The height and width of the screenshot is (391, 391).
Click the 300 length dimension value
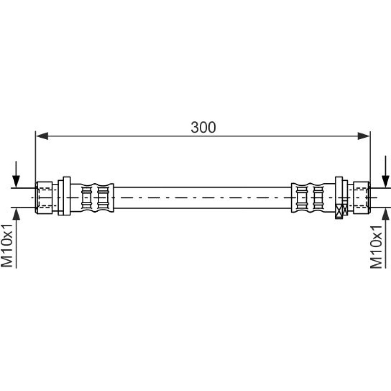coord(203,127)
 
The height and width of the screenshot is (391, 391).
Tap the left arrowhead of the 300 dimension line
coord(42,136)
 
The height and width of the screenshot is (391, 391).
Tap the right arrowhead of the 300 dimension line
coord(364,136)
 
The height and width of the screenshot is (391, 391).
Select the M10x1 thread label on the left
coord(7,246)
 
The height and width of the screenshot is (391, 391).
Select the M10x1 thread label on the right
coord(376,247)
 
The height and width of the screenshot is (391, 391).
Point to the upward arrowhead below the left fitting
coord(16,214)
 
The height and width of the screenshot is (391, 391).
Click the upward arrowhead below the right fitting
coord(386,214)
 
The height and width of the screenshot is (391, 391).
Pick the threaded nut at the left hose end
coord(44,197)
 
